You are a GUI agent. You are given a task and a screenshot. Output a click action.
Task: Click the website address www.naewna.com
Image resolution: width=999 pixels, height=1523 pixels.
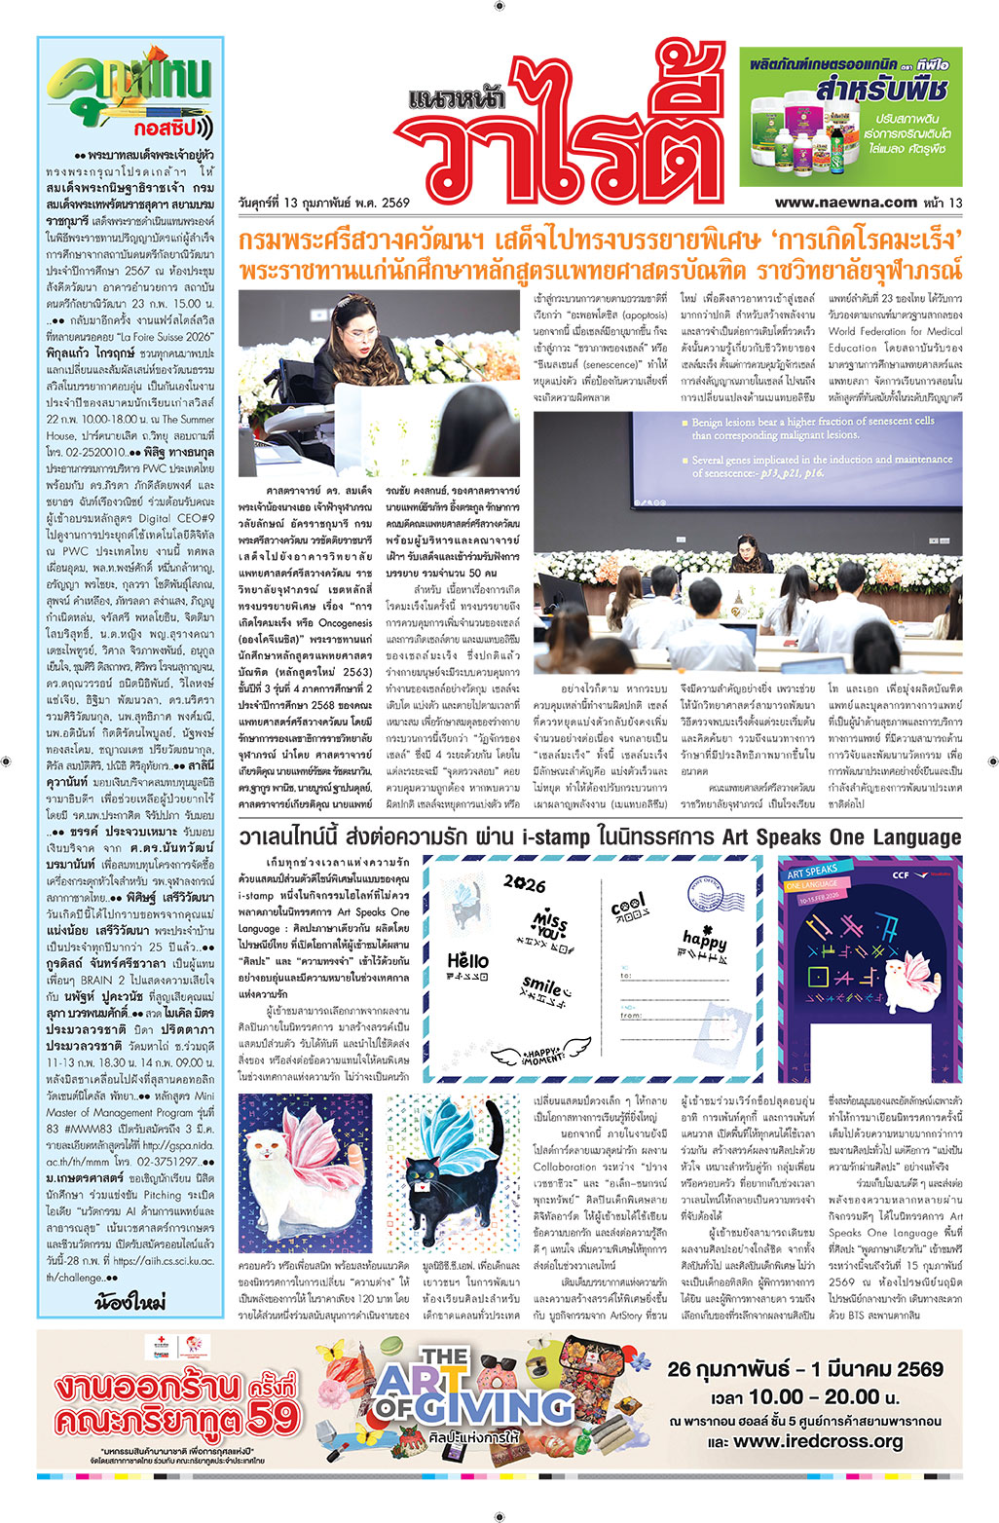point(845,203)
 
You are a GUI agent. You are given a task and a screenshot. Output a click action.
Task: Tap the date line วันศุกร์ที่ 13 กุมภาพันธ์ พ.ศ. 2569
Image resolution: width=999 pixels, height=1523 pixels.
point(323,204)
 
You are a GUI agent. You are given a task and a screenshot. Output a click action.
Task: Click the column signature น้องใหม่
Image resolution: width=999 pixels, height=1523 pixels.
point(129,1301)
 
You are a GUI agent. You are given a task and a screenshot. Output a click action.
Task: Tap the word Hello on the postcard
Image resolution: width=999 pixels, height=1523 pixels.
point(467,961)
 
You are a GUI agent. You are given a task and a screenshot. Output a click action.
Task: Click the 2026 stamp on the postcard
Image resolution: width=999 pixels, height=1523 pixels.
point(524,883)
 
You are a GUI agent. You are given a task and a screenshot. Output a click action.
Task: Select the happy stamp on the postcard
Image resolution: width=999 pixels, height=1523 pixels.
point(705,940)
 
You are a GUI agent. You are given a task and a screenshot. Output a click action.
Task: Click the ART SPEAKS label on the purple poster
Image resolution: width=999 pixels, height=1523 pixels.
point(812,871)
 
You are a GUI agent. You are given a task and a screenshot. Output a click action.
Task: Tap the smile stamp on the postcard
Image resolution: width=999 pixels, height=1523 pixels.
point(542,985)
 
